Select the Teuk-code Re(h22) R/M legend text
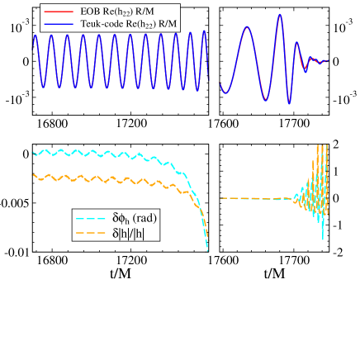click(x=130, y=25)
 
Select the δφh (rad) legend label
click(x=135, y=219)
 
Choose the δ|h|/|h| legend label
click(x=131, y=234)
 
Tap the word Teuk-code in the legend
click(x=106, y=25)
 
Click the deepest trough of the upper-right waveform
click(x=289, y=103)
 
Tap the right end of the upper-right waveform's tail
click(x=329, y=60)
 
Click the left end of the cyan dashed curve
click(x=33, y=153)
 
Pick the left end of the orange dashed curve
click(x=33, y=175)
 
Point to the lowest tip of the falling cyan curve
click(x=208, y=250)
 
